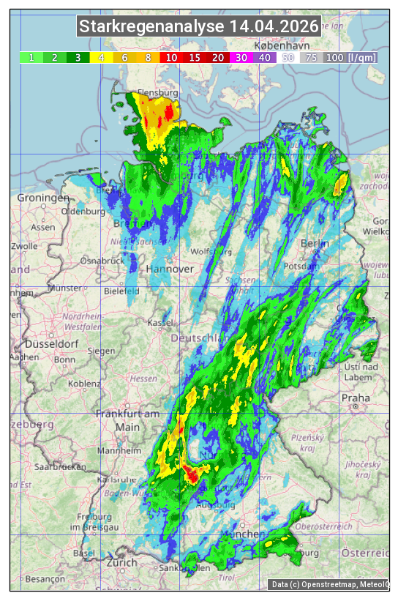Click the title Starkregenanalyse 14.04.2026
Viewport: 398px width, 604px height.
[x=199, y=27]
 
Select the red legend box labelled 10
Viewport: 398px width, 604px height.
[x=172, y=57]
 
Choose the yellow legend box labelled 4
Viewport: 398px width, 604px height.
[x=102, y=57]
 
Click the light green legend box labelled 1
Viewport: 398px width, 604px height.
[x=31, y=57]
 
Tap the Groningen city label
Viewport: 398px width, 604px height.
[x=43, y=198]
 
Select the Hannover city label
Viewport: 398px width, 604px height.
[x=170, y=269]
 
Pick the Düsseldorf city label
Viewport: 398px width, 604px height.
[x=51, y=343]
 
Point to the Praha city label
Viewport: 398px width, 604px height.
[x=356, y=398]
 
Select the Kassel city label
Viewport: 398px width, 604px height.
[x=159, y=322]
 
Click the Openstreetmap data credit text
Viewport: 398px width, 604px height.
[x=329, y=584]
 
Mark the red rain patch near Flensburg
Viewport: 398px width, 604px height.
[x=170, y=112]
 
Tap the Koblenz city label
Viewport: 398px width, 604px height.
[x=85, y=383]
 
